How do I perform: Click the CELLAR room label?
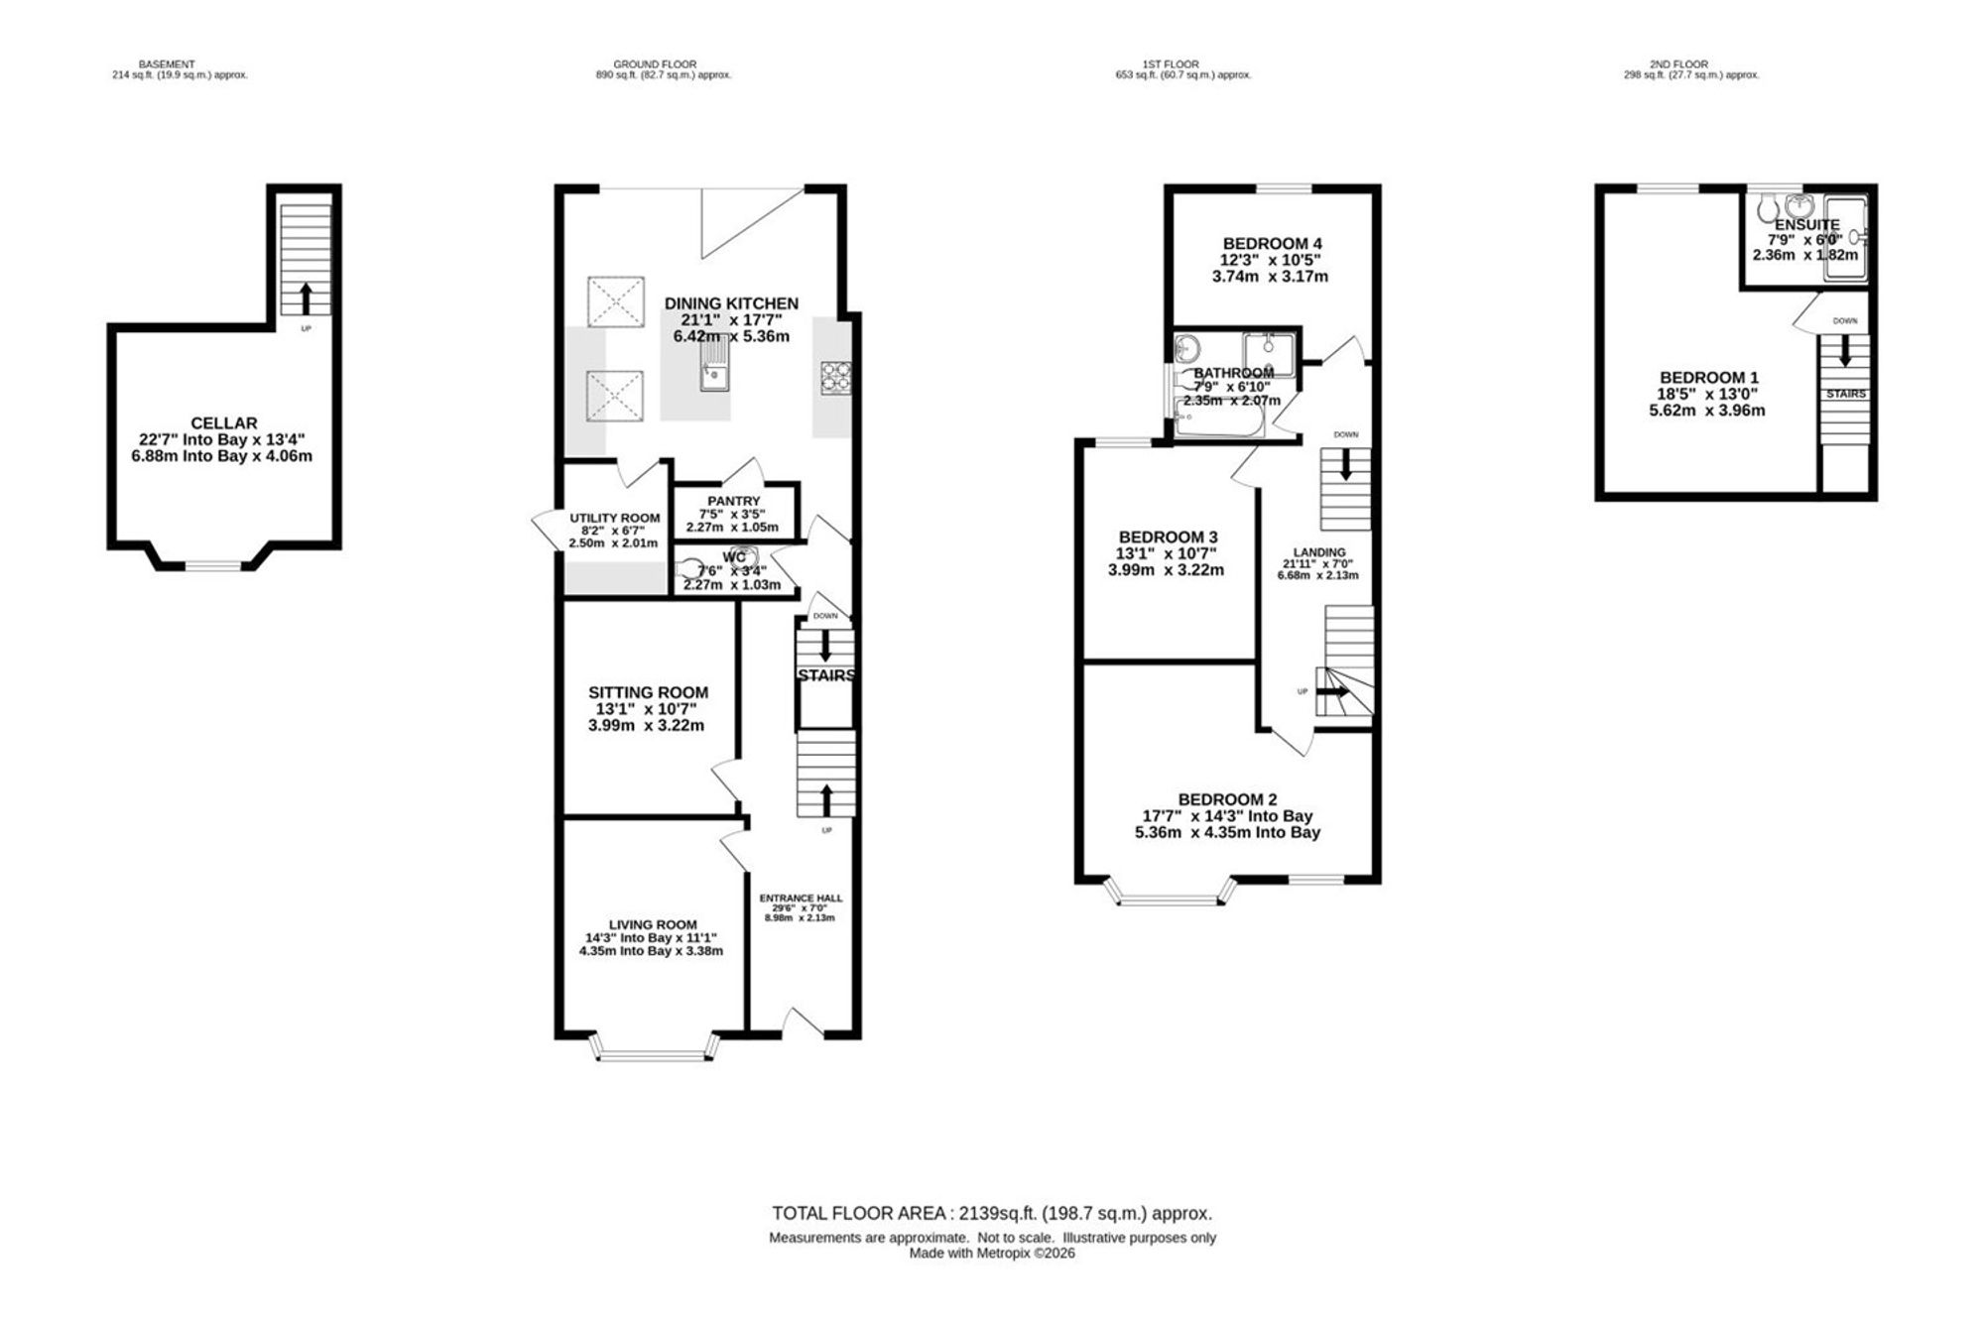pyautogui.click(x=224, y=423)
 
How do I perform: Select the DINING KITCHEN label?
pyautogui.click(x=731, y=303)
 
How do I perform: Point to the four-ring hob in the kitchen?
pyautogui.click(x=832, y=377)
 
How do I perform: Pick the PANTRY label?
pyautogui.click(x=734, y=501)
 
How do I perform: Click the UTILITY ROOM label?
pyautogui.click(x=614, y=518)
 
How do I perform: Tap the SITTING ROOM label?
pyautogui.click(x=649, y=692)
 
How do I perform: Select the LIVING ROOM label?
pyautogui.click(x=653, y=924)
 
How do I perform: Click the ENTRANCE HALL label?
pyautogui.click(x=801, y=899)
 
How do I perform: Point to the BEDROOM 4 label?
pyautogui.click(x=1272, y=244)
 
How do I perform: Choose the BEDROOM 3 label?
pyautogui.click(x=1168, y=537)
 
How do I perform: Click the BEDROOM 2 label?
pyautogui.click(x=1227, y=799)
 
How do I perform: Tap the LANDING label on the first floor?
pyautogui.click(x=1319, y=552)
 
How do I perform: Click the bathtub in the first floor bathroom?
pyautogui.click(x=1219, y=420)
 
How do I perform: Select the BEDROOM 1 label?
pyautogui.click(x=1709, y=378)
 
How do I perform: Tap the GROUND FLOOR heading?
pyautogui.click(x=655, y=64)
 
